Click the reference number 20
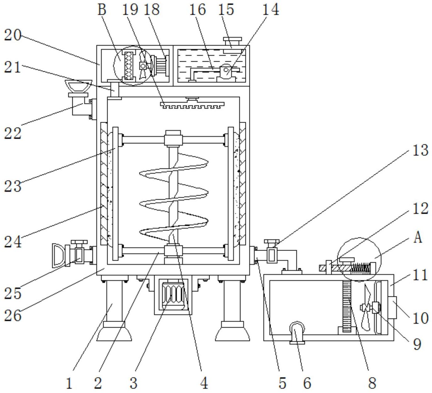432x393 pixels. [x=13, y=35]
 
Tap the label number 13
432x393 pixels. [x=420, y=150]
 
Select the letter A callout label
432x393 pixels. [x=418, y=238]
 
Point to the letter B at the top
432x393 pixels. [x=102, y=10]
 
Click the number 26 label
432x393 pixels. [x=13, y=316]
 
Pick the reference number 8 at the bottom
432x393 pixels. [x=372, y=383]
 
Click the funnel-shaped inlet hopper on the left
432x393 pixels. [x=78, y=86]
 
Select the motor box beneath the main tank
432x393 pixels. [x=173, y=295]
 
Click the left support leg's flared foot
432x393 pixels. [x=114, y=332]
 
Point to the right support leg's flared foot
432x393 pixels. [x=233, y=332]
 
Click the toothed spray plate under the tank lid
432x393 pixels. [x=192, y=104]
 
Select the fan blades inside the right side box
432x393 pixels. [x=367, y=307]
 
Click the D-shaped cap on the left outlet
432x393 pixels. [x=58, y=256]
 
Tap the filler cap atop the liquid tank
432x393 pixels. [x=233, y=41]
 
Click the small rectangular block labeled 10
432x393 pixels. [x=392, y=307]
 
